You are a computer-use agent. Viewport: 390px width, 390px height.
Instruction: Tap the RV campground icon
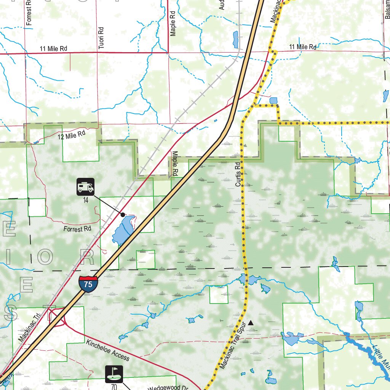tap(85, 187)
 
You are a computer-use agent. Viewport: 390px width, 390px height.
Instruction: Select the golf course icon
tap(114, 374)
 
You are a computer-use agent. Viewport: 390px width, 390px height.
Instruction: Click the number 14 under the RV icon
tap(85, 200)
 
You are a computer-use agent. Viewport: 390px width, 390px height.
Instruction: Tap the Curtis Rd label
tap(238, 175)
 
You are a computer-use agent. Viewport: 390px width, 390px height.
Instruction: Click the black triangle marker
tap(251, 323)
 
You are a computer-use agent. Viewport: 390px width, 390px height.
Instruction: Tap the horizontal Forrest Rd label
tap(77, 229)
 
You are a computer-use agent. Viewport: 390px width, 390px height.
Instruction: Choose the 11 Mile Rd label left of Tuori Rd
tap(53, 49)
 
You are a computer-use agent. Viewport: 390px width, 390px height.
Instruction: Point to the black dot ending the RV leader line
tap(123, 215)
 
